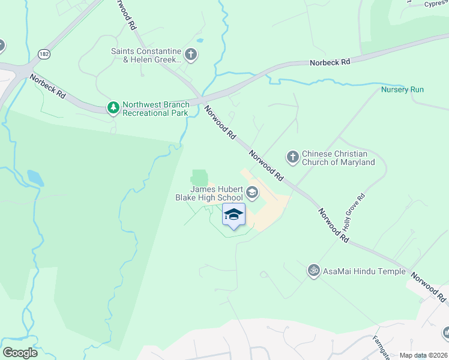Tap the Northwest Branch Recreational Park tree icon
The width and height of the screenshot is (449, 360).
[x=113, y=108]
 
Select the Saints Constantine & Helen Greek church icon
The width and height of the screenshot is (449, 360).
[x=191, y=55]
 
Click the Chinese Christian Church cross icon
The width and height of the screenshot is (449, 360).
[x=292, y=158]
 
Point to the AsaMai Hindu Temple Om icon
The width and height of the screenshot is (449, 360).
[x=313, y=271]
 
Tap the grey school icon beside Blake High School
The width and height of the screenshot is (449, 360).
[x=252, y=193]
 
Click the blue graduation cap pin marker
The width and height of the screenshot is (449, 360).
[x=234, y=215]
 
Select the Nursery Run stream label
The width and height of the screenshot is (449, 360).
[x=402, y=90]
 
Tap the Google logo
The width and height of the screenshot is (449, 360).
[x=20, y=353]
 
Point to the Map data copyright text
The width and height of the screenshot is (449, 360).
[x=424, y=355]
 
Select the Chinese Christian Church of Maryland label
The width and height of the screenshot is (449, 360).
[x=338, y=158]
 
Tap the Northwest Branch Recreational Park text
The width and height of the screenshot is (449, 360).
[x=155, y=108]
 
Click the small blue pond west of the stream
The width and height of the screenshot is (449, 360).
[x=35, y=178]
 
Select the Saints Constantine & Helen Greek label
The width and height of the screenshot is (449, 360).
[x=146, y=55]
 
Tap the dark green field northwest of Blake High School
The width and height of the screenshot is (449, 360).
[x=199, y=178]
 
